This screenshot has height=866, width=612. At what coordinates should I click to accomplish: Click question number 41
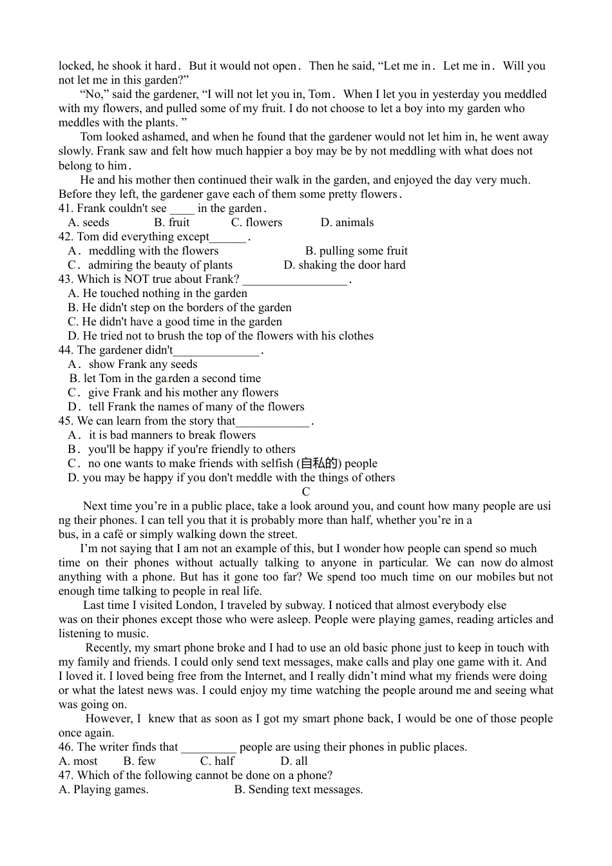pos(66,208)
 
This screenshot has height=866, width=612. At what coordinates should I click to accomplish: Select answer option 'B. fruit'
pos(171,222)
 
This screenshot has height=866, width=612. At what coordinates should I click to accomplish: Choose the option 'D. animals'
pos(347,222)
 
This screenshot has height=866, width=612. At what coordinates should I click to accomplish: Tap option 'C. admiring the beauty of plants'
pos(150,265)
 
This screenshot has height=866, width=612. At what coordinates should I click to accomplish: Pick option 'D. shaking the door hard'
pos(345,265)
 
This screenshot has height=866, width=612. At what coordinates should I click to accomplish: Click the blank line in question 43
pos(295,280)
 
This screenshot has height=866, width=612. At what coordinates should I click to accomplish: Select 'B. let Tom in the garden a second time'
pos(165,378)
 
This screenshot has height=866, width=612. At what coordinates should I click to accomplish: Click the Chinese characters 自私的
pos(319,463)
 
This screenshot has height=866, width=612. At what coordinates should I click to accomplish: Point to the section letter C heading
pos(306,492)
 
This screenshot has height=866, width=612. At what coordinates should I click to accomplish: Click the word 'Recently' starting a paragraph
pos(108,648)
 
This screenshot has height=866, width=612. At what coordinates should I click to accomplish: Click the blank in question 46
pos(209,747)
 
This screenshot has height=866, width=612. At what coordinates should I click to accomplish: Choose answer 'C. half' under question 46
pos(217,761)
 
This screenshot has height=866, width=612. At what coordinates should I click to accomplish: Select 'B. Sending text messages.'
pos(298,789)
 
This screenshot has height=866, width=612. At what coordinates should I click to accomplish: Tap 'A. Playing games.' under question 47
pos(103,789)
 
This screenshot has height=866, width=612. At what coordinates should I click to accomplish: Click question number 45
pos(66,421)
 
